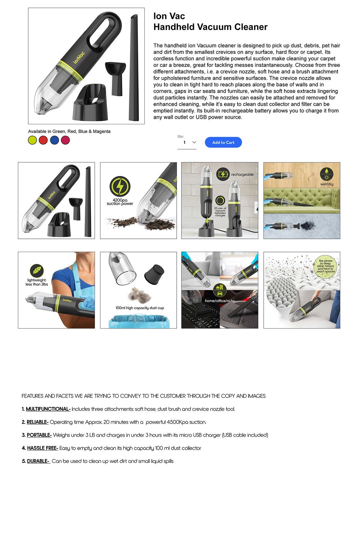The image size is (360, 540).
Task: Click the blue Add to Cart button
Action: coord(223,142)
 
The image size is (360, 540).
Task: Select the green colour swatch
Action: coord(32,140)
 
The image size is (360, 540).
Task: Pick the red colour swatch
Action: coord(43,140)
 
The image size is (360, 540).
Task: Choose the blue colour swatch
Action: coord(54,140)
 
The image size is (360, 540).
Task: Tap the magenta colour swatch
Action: coord(65,140)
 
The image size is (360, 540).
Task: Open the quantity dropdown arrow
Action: coord(194,142)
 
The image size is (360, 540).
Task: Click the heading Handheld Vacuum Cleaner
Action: coord(210,27)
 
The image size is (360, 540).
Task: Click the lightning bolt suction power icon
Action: coord(120,186)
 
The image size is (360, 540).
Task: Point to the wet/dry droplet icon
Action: coord(326,174)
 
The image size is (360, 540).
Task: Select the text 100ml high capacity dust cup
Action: coord(139,308)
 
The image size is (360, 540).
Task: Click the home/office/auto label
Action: coord(220,301)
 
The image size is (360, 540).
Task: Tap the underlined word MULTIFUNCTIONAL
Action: coord(48,409)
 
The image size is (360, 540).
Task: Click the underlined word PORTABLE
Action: coord(39,435)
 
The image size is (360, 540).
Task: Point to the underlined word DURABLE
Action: coord(38,461)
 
